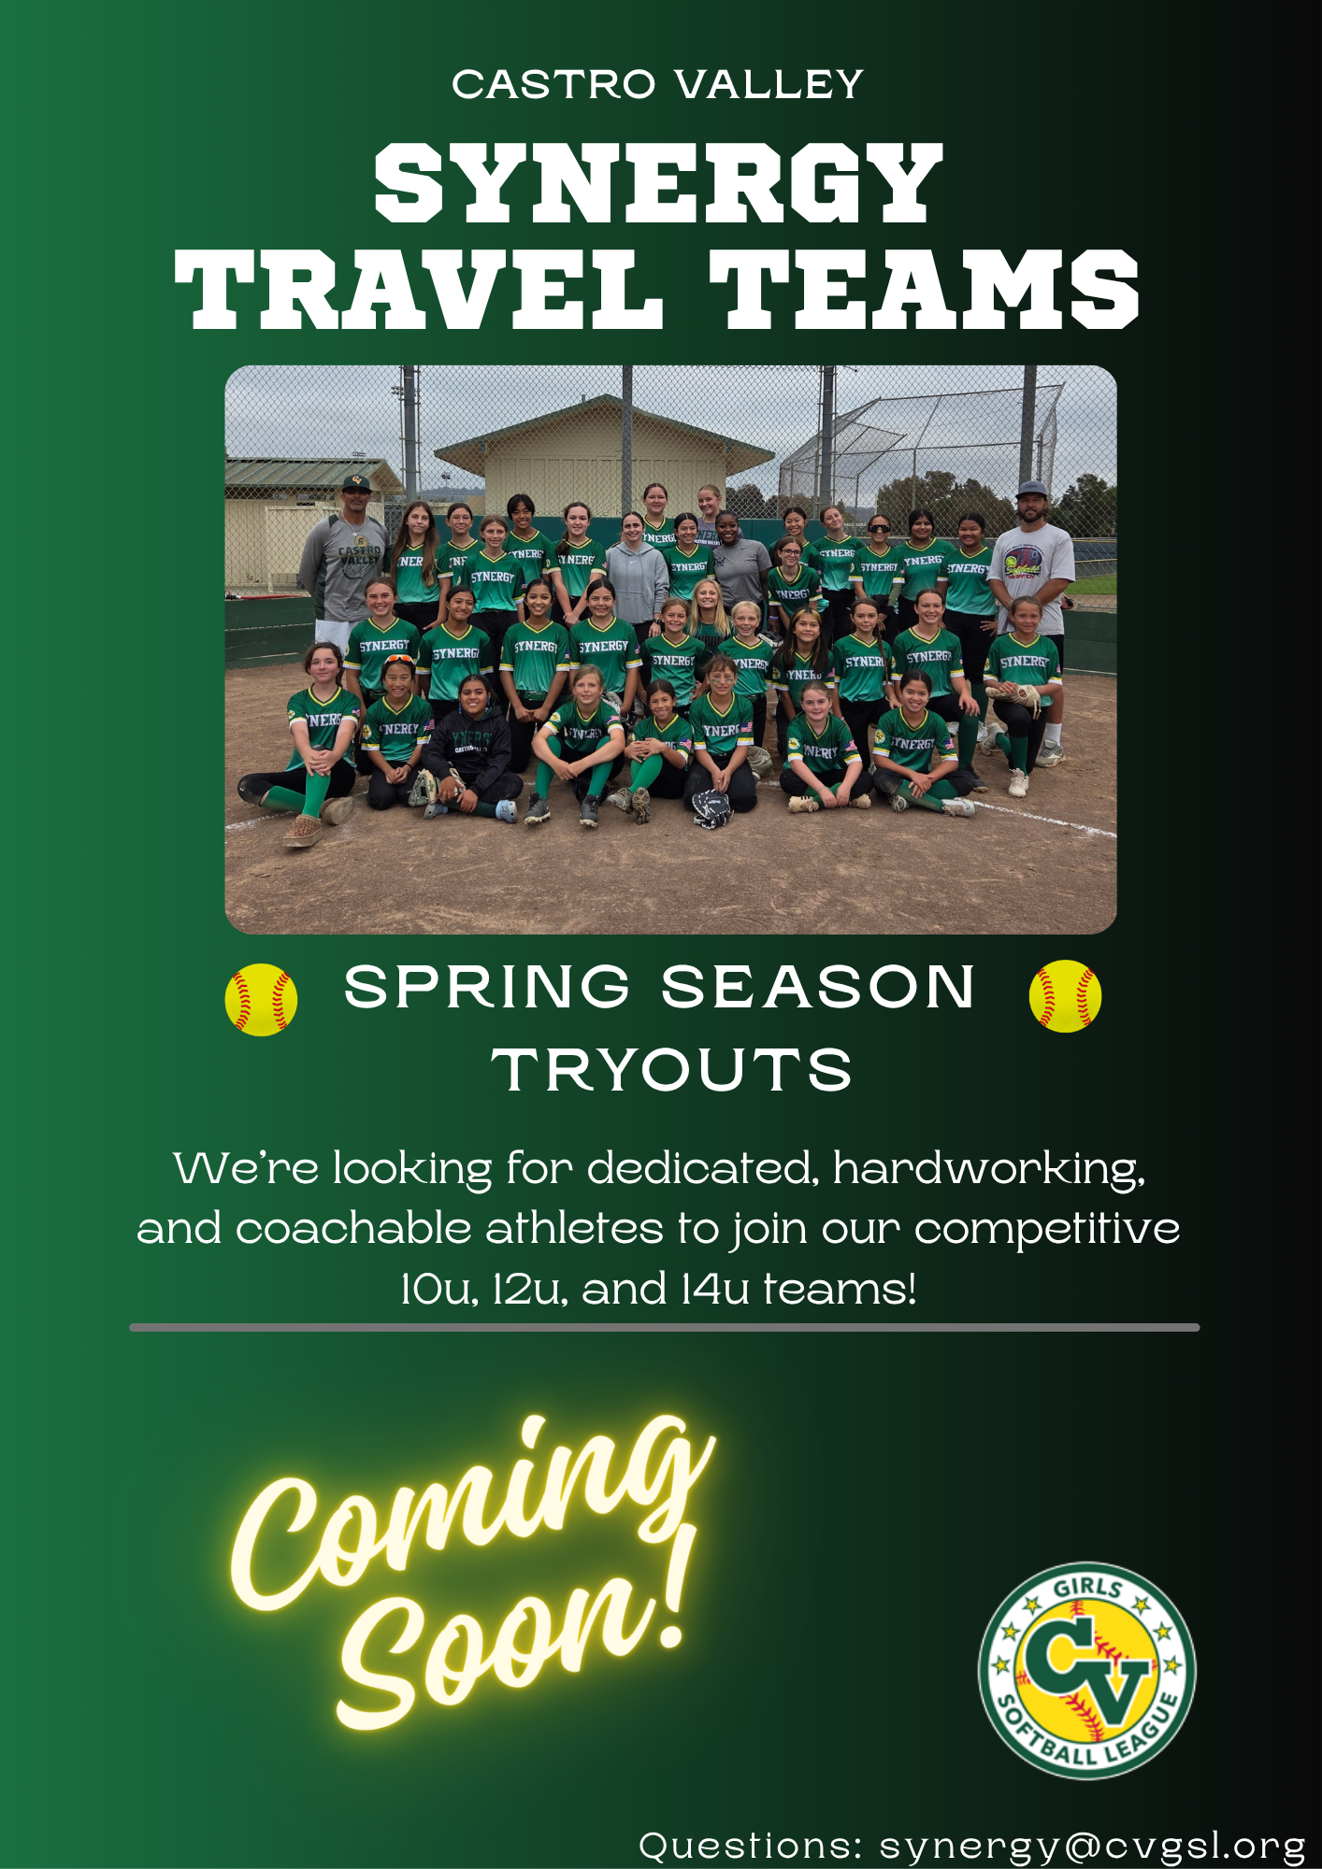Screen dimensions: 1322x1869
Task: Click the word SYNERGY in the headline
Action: [658, 184]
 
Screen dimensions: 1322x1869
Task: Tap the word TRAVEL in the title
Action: [419, 290]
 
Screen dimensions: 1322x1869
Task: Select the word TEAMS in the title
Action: [925, 290]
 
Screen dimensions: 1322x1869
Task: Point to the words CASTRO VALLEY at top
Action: [657, 85]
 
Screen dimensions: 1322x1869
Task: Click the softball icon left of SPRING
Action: [261, 999]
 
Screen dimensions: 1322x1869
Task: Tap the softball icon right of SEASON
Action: [1065, 996]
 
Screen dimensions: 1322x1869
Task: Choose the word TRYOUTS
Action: [672, 1070]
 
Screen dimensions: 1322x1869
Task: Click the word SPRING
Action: [487, 987]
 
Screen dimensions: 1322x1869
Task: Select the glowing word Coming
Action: [472, 1514]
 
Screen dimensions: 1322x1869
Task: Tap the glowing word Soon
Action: [496, 1645]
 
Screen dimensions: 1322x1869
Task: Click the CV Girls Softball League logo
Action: [1087, 1671]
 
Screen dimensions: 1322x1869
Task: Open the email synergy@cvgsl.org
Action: [1091, 1847]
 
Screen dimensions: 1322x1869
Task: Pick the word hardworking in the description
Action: [989, 1170]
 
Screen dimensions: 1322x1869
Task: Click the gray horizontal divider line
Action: [665, 1327]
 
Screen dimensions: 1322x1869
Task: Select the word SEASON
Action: [818, 987]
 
